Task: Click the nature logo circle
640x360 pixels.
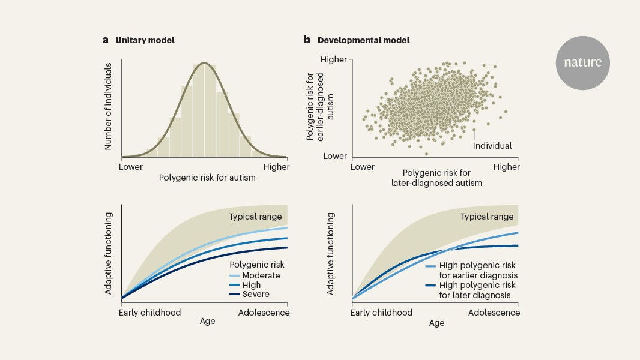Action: [x=582, y=63]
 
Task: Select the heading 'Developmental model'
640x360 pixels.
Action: [x=364, y=40]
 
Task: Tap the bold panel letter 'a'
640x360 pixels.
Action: [x=105, y=40]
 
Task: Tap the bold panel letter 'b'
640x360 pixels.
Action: [x=307, y=40]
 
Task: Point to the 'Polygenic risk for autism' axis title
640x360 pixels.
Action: [x=207, y=178]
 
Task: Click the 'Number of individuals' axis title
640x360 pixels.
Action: [x=109, y=106]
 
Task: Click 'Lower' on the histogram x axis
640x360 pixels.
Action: [x=131, y=167]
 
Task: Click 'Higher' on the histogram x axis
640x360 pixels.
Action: [x=276, y=167]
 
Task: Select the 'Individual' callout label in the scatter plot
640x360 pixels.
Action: [x=492, y=146]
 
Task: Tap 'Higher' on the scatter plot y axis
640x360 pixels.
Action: [x=334, y=60]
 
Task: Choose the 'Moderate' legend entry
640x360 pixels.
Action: [x=261, y=275]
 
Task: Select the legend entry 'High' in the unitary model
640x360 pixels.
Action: [x=252, y=285]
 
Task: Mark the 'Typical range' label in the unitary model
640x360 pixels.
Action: [x=255, y=216]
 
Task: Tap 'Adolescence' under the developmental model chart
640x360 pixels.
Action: [x=494, y=313]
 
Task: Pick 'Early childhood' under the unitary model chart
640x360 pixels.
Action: [x=149, y=313]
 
